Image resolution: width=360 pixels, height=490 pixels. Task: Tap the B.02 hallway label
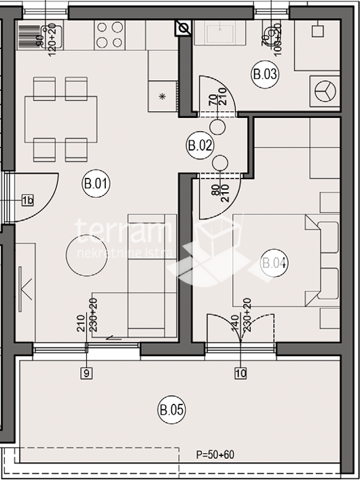point(200,145)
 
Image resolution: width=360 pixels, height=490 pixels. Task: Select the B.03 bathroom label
point(265,74)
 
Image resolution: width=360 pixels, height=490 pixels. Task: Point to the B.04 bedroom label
point(274,263)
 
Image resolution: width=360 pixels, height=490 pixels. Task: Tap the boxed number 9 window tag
point(86,372)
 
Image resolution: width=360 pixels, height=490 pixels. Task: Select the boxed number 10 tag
point(240,372)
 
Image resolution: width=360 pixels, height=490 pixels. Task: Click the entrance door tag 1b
point(27,200)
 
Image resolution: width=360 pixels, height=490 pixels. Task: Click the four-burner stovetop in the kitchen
point(109,35)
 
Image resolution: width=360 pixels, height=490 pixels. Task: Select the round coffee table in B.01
point(86,256)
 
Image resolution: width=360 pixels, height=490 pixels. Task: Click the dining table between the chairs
point(60,119)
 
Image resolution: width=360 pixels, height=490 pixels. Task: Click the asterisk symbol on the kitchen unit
point(162,96)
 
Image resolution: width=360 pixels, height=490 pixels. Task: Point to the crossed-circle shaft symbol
point(183,28)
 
